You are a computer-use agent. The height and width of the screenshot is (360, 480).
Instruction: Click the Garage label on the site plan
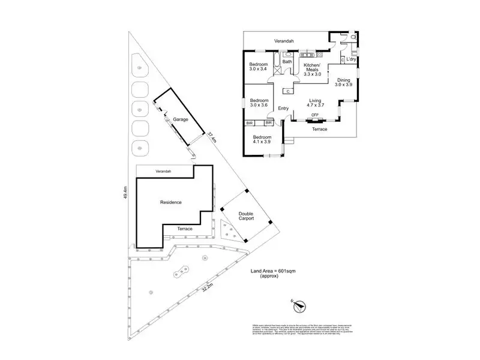tap(181, 119)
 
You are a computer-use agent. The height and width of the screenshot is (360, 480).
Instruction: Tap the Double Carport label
tap(246, 217)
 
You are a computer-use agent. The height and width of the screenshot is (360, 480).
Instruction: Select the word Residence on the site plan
tap(171, 203)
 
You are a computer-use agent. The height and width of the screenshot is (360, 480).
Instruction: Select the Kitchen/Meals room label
tap(312, 70)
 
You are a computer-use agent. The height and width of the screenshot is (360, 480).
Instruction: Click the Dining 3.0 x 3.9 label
tap(344, 82)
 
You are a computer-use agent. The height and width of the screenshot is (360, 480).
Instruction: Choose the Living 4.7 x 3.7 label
tap(316, 103)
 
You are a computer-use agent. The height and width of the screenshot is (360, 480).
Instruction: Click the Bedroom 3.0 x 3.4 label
tap(259, 66)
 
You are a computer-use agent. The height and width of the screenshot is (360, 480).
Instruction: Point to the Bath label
tap(287, 61)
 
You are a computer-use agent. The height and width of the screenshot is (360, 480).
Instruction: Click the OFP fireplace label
tap(315, 115)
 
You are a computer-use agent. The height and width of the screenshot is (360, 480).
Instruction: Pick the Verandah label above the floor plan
tap(284, 41)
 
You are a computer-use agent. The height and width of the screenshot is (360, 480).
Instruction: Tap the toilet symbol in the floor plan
tap(355, 37)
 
